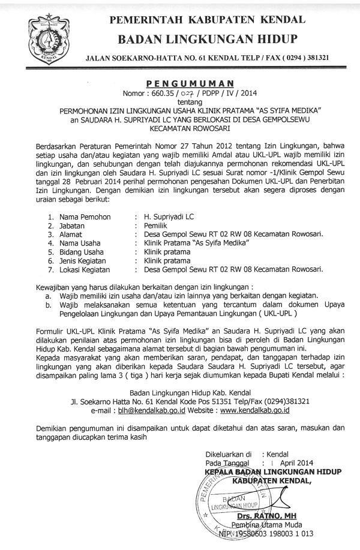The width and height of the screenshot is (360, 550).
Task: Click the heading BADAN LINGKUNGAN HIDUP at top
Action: point(208,39)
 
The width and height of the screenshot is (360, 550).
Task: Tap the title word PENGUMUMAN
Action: point(191,83)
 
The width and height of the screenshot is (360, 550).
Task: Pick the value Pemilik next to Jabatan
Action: point(158,224)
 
